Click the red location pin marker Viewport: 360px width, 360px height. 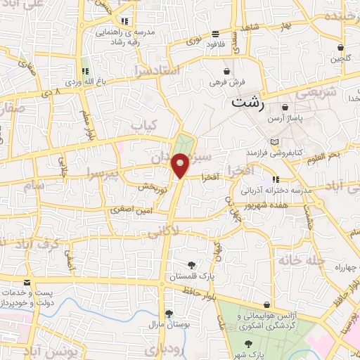coord(181,167)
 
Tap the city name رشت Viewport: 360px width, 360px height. coord(248,103)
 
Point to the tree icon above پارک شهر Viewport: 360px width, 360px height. coord(248,344)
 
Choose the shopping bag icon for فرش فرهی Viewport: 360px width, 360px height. coord(226,72)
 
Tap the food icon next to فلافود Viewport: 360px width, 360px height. coord(216,34)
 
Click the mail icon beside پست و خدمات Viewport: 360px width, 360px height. coord(27,283)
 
